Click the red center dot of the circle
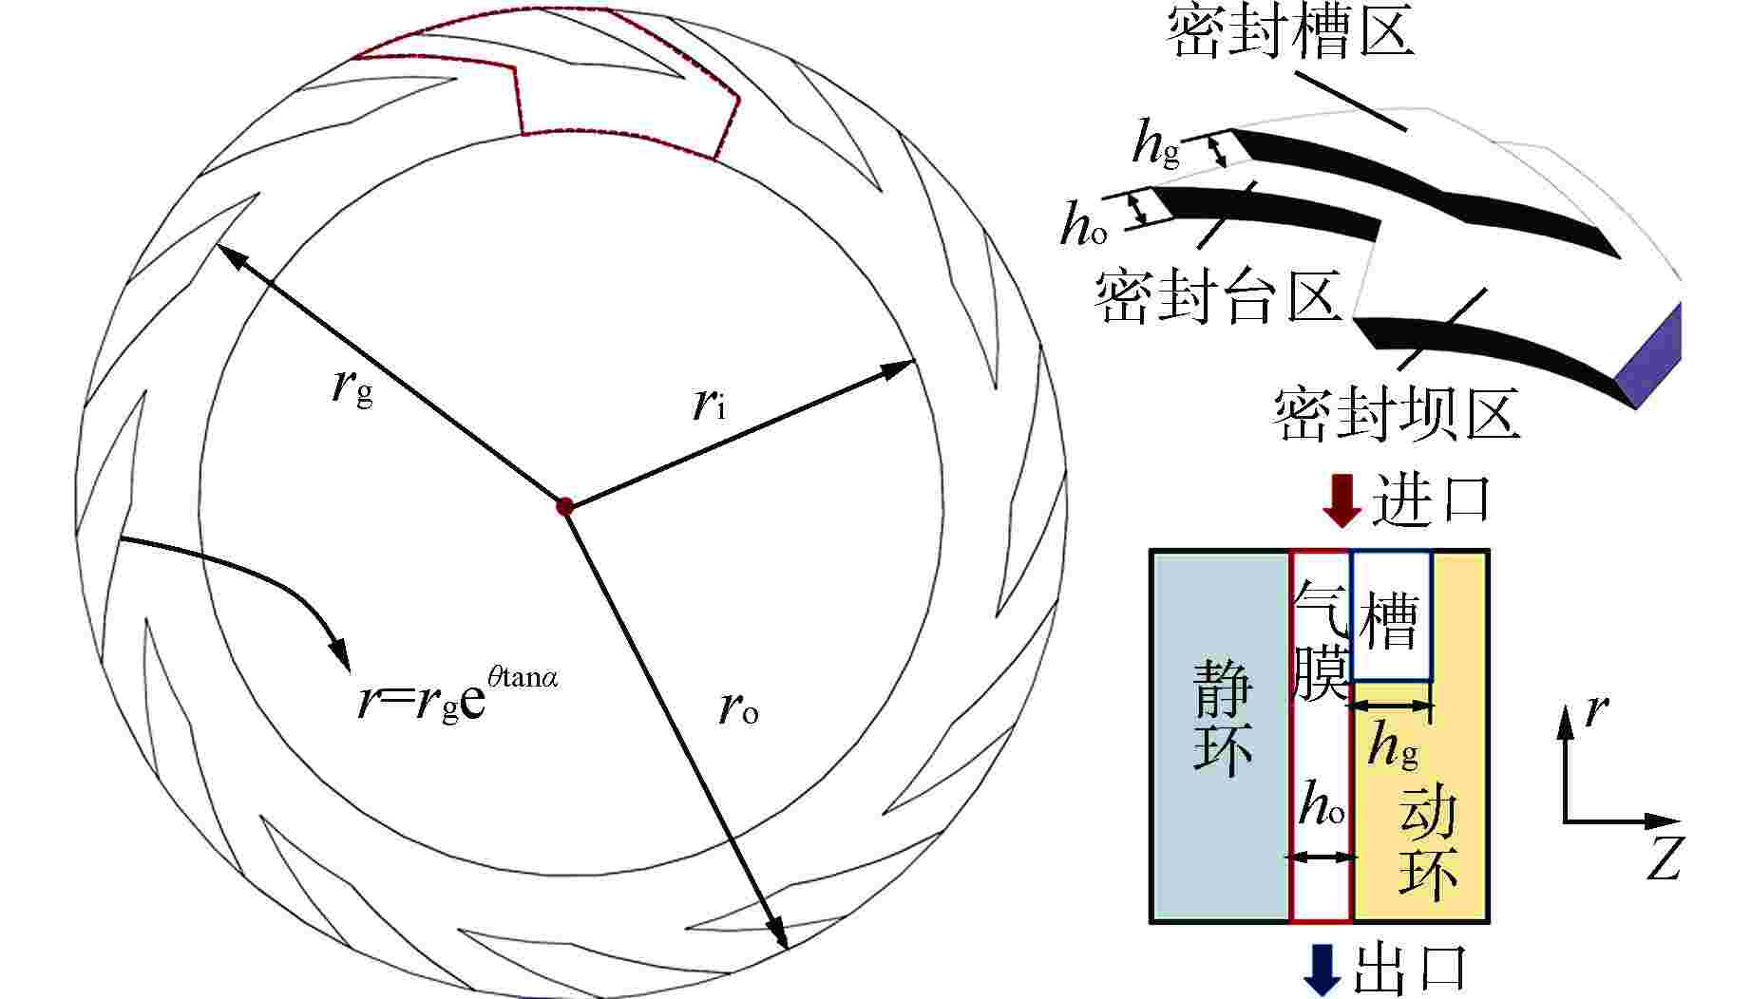(565, 506)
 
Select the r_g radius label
(353, 386)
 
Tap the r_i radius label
(709, 405)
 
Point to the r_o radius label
(739, 707)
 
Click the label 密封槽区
(1290, 30)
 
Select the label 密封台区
(1219, 295)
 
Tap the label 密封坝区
(1397, 413)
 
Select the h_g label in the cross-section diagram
(1393, 746)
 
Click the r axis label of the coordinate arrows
(1598, 709)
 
